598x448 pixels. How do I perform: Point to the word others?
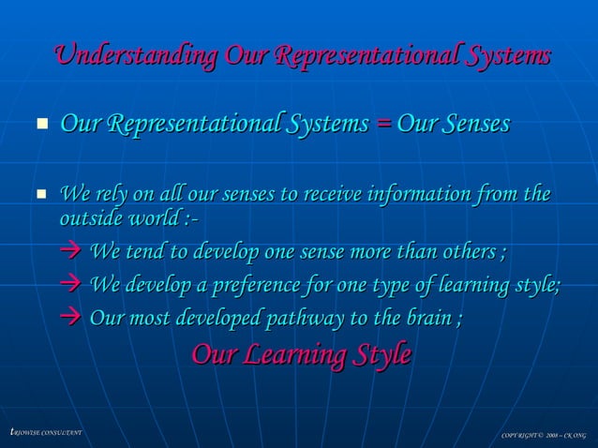(465, 253)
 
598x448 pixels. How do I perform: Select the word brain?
(423, 319)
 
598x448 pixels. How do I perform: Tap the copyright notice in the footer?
(543, 435)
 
